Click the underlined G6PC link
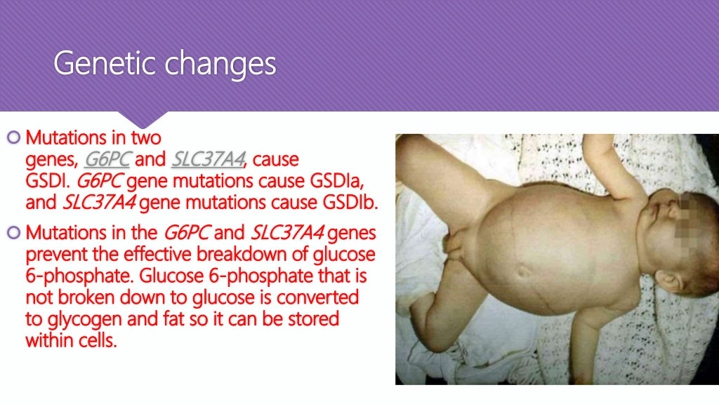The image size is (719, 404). tap(107, 159)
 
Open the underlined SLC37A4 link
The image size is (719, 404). tap(209, 159)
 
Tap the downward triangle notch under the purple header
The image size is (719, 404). tap(152, 119)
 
